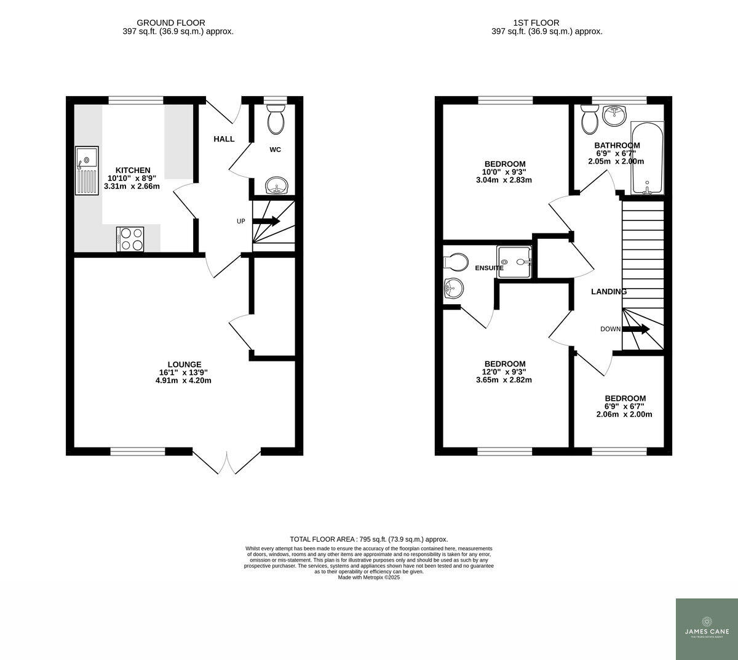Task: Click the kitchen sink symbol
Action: tap(87, 171)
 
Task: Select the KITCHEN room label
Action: tap(133, 171)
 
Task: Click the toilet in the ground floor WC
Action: tap(276, 119)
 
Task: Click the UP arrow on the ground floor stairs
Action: tap(266, 221)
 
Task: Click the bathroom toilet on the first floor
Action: tap(590, 119)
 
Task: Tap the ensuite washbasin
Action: tap(453, 288)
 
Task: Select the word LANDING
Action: tap(609, 292)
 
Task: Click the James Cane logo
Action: tap(707, 629)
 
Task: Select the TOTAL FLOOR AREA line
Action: tap(368, 539)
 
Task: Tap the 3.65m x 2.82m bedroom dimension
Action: tap(504, 380)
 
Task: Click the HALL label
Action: tap(224, 139)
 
